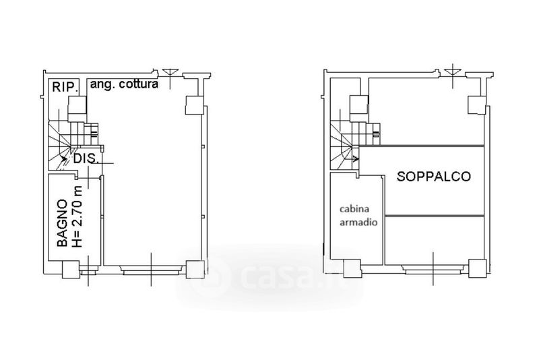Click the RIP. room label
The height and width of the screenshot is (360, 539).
(64, 87)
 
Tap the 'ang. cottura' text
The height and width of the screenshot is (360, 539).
(124, 84)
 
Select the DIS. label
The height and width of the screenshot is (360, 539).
(86, 159)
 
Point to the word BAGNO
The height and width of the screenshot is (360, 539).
(62, 223)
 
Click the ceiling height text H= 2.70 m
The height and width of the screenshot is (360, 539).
(78, 216)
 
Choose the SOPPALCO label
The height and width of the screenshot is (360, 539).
(433, 177)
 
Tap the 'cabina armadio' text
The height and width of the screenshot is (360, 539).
(358, 216)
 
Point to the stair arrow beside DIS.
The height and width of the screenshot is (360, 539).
(64, 159)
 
